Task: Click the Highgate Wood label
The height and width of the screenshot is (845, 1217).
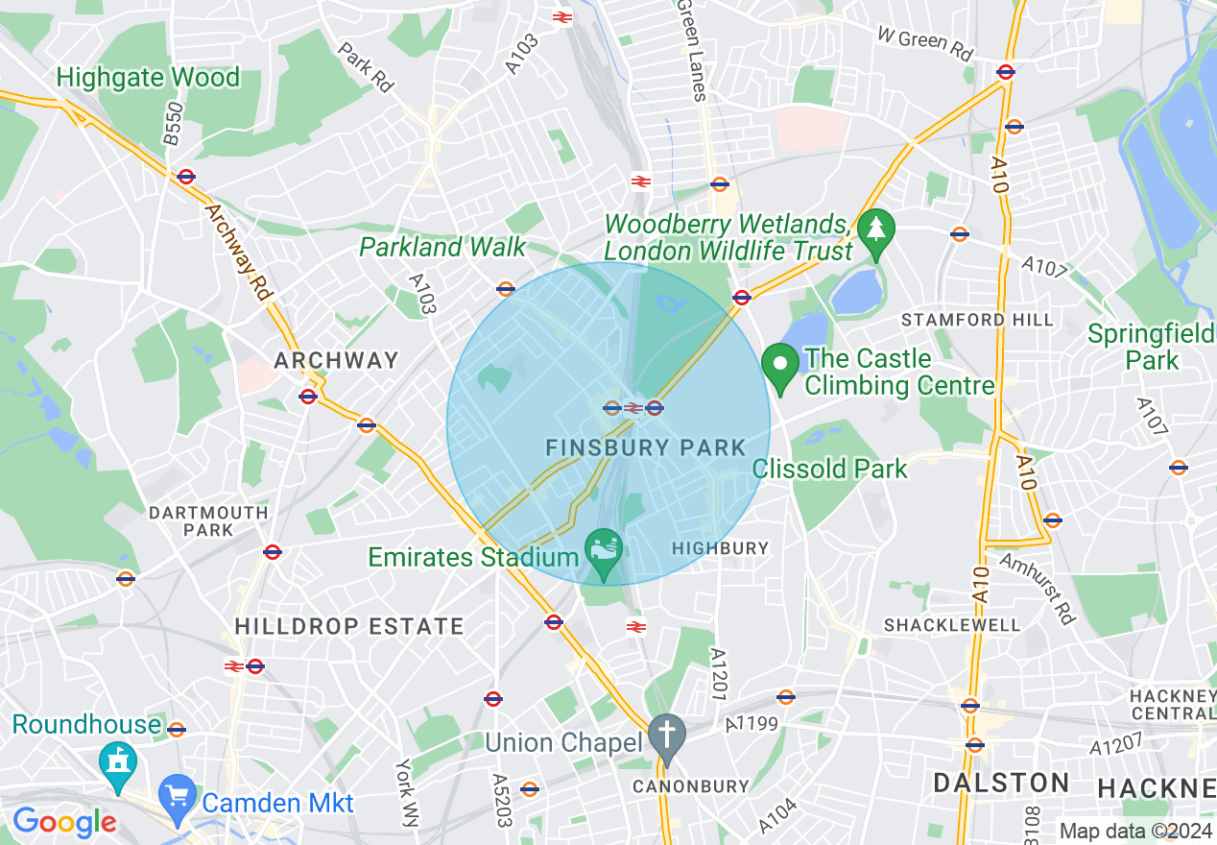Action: (x=148, y=77)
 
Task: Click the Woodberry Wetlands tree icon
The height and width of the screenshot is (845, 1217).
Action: (x=875, y=231)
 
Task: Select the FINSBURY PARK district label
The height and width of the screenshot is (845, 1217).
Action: (x=645, y=447)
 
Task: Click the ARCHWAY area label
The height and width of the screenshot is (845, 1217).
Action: (x=336, y=360)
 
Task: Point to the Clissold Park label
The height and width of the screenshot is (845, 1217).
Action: (x=830, y=469)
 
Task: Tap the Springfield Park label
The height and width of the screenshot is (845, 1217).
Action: (x=1151, y=347)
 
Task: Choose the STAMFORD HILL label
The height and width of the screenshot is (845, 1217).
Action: (x=977, y=320)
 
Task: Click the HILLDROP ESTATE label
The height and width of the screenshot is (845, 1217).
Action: (x=349, y=627)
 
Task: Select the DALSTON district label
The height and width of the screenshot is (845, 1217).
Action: (x=1001, y=783)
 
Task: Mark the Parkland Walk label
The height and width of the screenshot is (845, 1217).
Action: (x=442, y=247)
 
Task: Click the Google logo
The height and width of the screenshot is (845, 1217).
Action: (x=64, y=822)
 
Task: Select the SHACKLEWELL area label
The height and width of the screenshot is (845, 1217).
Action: (x=951, y=625)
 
